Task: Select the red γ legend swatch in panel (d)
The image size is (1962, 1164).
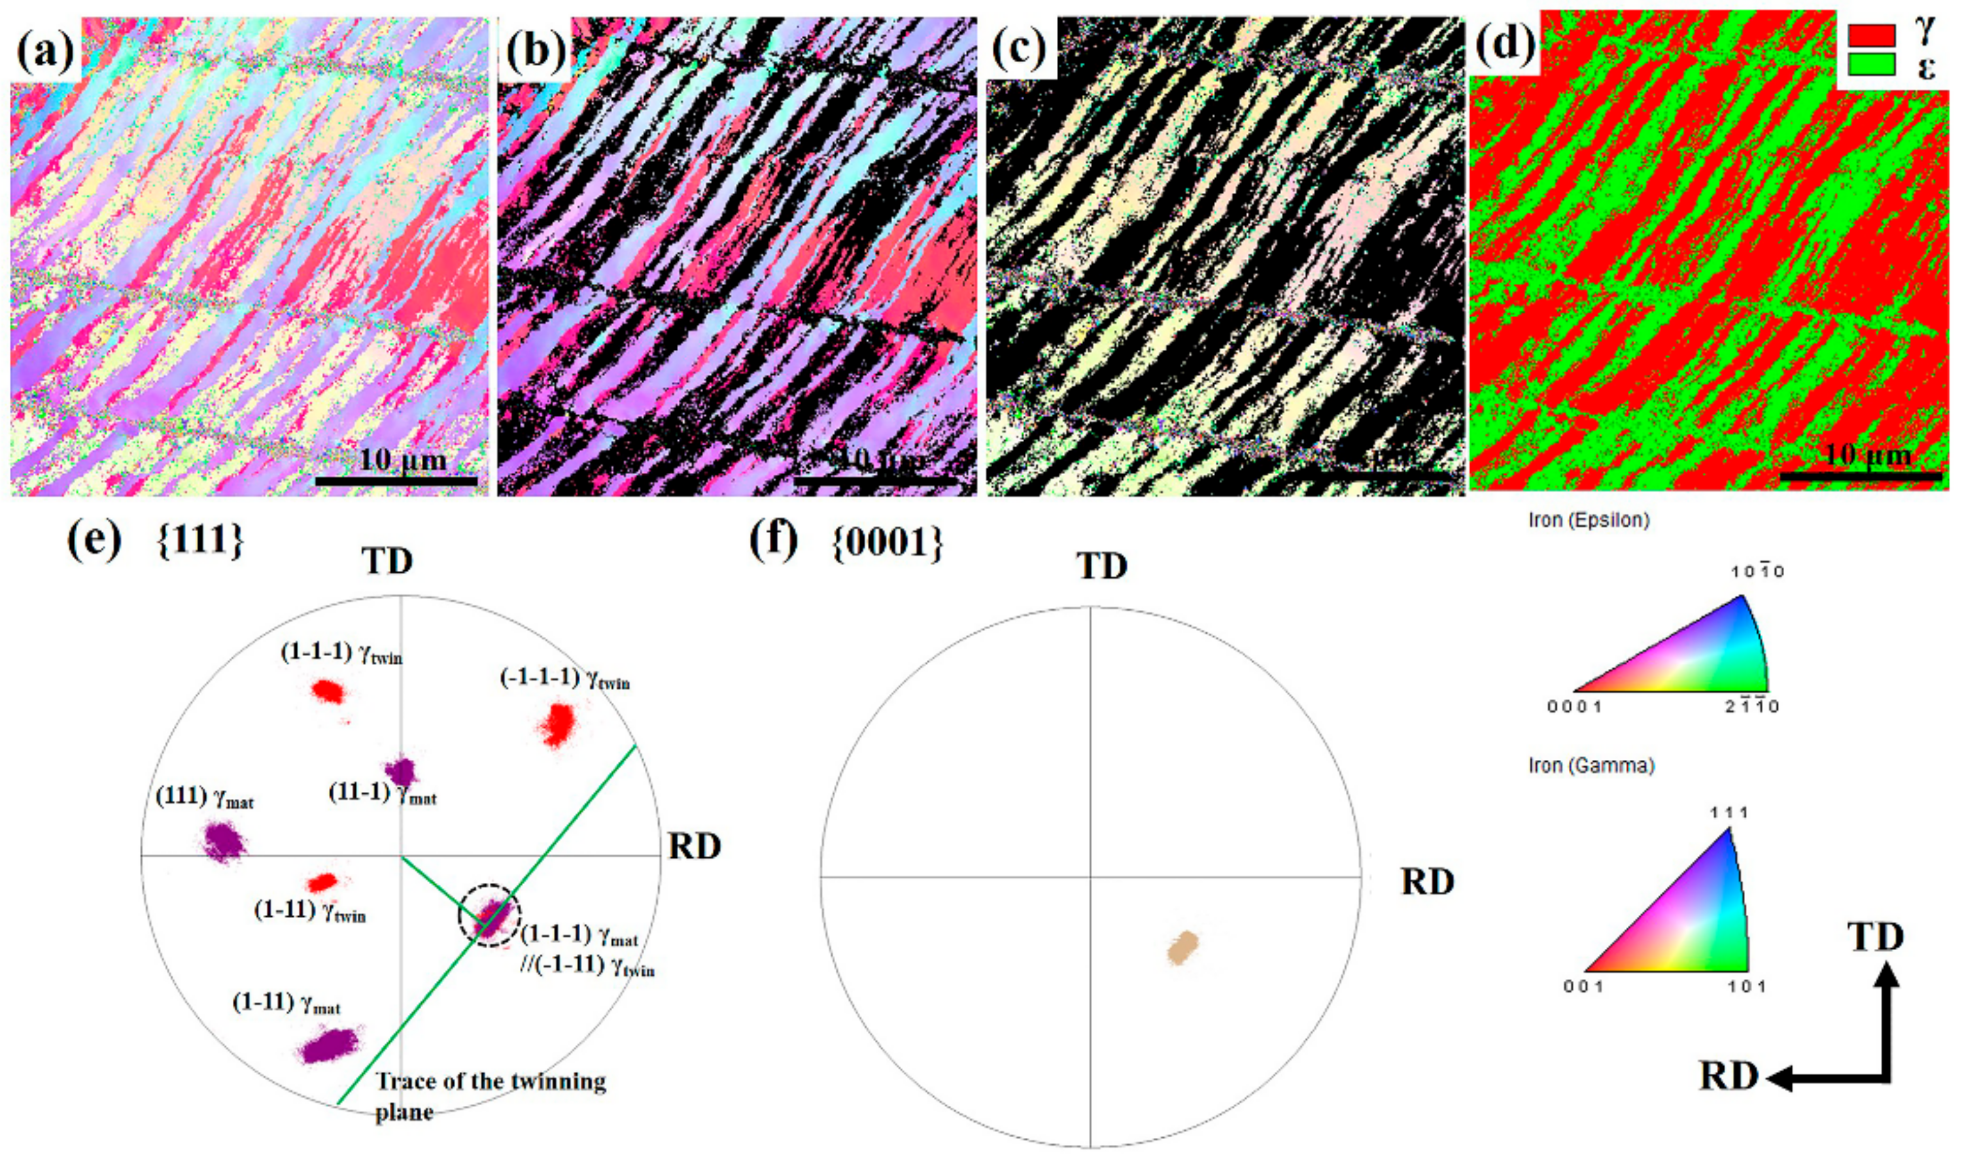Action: (1871, 35)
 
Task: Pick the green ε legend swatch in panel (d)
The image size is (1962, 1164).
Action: (1871, 64)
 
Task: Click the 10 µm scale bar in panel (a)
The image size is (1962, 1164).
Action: (396, 480)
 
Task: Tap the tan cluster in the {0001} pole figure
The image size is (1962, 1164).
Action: (1182, 948)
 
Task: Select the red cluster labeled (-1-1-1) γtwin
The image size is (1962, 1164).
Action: (559, 724)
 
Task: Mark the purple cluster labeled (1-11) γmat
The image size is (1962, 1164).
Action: (330, 1046)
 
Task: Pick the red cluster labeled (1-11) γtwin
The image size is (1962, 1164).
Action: (322, 882)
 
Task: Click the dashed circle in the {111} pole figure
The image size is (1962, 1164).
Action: (490, 915)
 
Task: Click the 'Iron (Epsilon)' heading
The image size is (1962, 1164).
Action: (1589, 520)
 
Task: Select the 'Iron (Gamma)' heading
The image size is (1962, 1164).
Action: (1591, 766)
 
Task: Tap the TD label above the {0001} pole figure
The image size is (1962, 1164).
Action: (1101, 566)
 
